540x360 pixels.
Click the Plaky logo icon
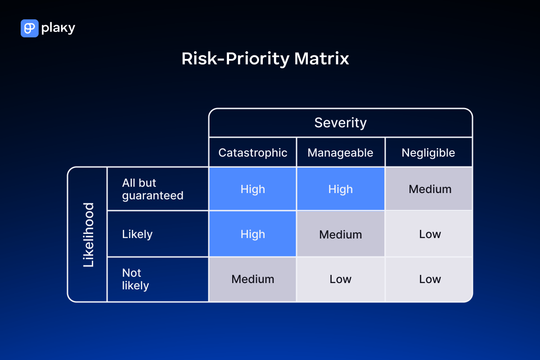[x=29, y=28]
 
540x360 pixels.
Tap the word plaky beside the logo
[x=58, y=28]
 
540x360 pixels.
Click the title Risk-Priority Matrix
[x=265, y=59]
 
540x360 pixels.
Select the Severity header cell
[x=340, y=123]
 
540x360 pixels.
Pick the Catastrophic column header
[x=252, y=153]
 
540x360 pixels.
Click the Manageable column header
[x=340, y=153]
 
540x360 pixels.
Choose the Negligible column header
[x=428, y=153]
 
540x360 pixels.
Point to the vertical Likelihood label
[x=89, y=234]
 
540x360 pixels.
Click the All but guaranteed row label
[x=153, y=189]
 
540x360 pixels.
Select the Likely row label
[x=137, y=234]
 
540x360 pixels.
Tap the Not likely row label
[x=135, y=279]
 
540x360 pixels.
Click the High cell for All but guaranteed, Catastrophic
[x=252, y=189]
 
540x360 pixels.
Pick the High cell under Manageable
[x=340, y=189]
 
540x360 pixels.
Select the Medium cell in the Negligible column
[x=430, y=189]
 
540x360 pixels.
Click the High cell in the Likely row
[x=252, y=234]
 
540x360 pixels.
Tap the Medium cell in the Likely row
[x=340, y=234]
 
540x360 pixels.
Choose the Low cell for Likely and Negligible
[x=430, y=234]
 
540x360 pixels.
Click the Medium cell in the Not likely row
[x=252, y=279]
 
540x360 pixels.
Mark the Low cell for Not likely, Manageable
[x=340, y=279]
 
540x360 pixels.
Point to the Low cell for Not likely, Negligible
[x=430, y=279]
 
